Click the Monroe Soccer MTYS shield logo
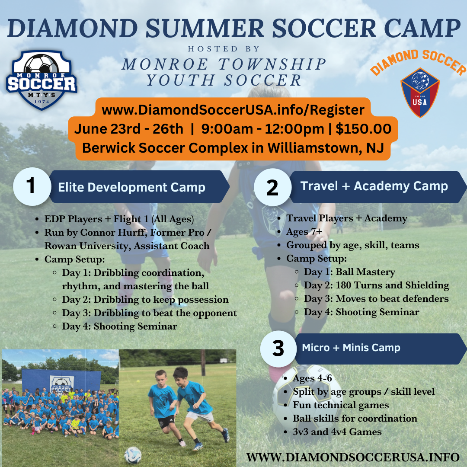[x=42, y=80]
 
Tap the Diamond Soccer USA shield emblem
[x=420, y=93]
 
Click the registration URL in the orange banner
[x=233, y=110]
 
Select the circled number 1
[x=31, y=186]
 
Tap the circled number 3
[x=278, y=349]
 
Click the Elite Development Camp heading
[x=131, y=187]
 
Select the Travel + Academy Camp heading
[x=374, y=186]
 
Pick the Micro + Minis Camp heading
[x=351, y=348]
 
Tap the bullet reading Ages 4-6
[x=312, y=378]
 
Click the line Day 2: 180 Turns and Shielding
[x=376, y=285]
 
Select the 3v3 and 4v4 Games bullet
[x=337, y=432]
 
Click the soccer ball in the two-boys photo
[x=132, y=454]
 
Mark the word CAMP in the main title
[x=421, y=29]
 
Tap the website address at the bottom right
[x=352, y=457]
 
